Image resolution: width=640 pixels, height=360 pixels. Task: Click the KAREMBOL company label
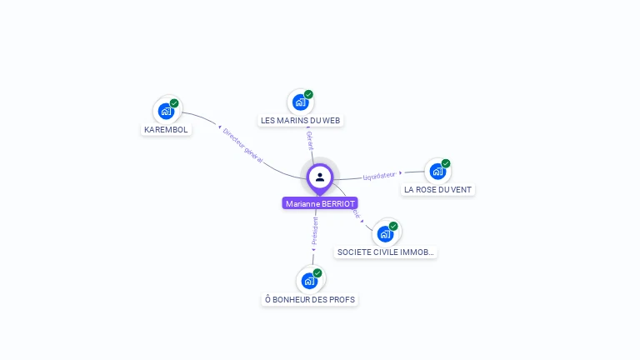click(x=167, y=129)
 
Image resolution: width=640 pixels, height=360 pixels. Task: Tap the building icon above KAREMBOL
click(x=167, y=111)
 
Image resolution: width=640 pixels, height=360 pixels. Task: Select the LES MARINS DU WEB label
click(x=301, y=120)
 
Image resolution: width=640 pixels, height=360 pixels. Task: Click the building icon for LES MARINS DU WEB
click(x=300, y=102)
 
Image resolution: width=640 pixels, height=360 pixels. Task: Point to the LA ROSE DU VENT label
click(x=437, y=189)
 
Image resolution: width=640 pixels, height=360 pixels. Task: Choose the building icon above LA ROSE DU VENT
click(x=437, y=172)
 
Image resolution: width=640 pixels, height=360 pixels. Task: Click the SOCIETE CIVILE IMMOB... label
click(x=385, y=252)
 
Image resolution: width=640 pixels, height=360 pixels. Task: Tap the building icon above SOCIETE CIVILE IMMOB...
click(x=385, y=233)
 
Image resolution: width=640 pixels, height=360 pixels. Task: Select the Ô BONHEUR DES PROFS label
click(x=309, y=299)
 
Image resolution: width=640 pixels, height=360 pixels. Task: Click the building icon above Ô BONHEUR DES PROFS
click(x=309, y=281)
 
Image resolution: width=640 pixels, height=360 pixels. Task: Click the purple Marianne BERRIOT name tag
click(x=320, y=203)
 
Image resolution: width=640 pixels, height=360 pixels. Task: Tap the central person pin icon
click(x=320, y=177)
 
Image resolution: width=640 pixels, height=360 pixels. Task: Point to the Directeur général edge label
click(x=242, y=146)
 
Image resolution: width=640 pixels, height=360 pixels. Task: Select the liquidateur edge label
click(x=379, y=175)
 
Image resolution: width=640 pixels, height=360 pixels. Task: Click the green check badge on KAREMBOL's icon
click(x=174, y=103)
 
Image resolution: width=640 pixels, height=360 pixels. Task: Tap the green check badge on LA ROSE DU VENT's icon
click(x=446, y=163)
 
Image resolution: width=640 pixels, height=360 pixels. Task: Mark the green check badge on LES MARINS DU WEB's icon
click(x=308, y=94)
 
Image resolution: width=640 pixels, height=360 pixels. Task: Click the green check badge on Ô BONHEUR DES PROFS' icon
click(x=317, y=272)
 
